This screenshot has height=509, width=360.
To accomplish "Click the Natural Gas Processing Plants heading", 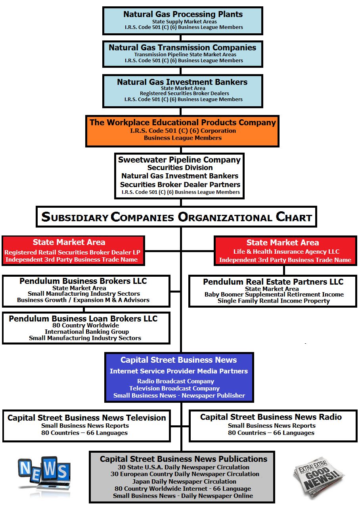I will pos(183,14).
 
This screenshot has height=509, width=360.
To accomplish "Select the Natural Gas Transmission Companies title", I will pos(182,47).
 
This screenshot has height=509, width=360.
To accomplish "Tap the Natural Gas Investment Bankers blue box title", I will pos(182,82).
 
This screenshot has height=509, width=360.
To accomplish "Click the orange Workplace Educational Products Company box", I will pos(182,131).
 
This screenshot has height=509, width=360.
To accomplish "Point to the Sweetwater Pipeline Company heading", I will pos(179,160).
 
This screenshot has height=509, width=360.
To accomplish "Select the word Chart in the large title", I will pos(293,217).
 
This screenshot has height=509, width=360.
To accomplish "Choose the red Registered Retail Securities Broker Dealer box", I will pos(73,251).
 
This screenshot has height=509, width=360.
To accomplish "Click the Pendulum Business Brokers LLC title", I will pos(83,281).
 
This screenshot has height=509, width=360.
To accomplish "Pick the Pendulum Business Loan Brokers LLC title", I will pos(83,319).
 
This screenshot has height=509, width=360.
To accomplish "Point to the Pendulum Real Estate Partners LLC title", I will pos(273,282).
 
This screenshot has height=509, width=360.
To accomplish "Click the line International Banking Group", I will pos(86,331).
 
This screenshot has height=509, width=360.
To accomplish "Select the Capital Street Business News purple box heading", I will pos(179,360).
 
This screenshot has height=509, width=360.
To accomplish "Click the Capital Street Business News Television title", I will pos(87,418).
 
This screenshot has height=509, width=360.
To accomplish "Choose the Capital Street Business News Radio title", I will pos(271,417).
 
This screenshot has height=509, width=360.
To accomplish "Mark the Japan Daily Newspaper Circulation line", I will pos(184,481).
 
